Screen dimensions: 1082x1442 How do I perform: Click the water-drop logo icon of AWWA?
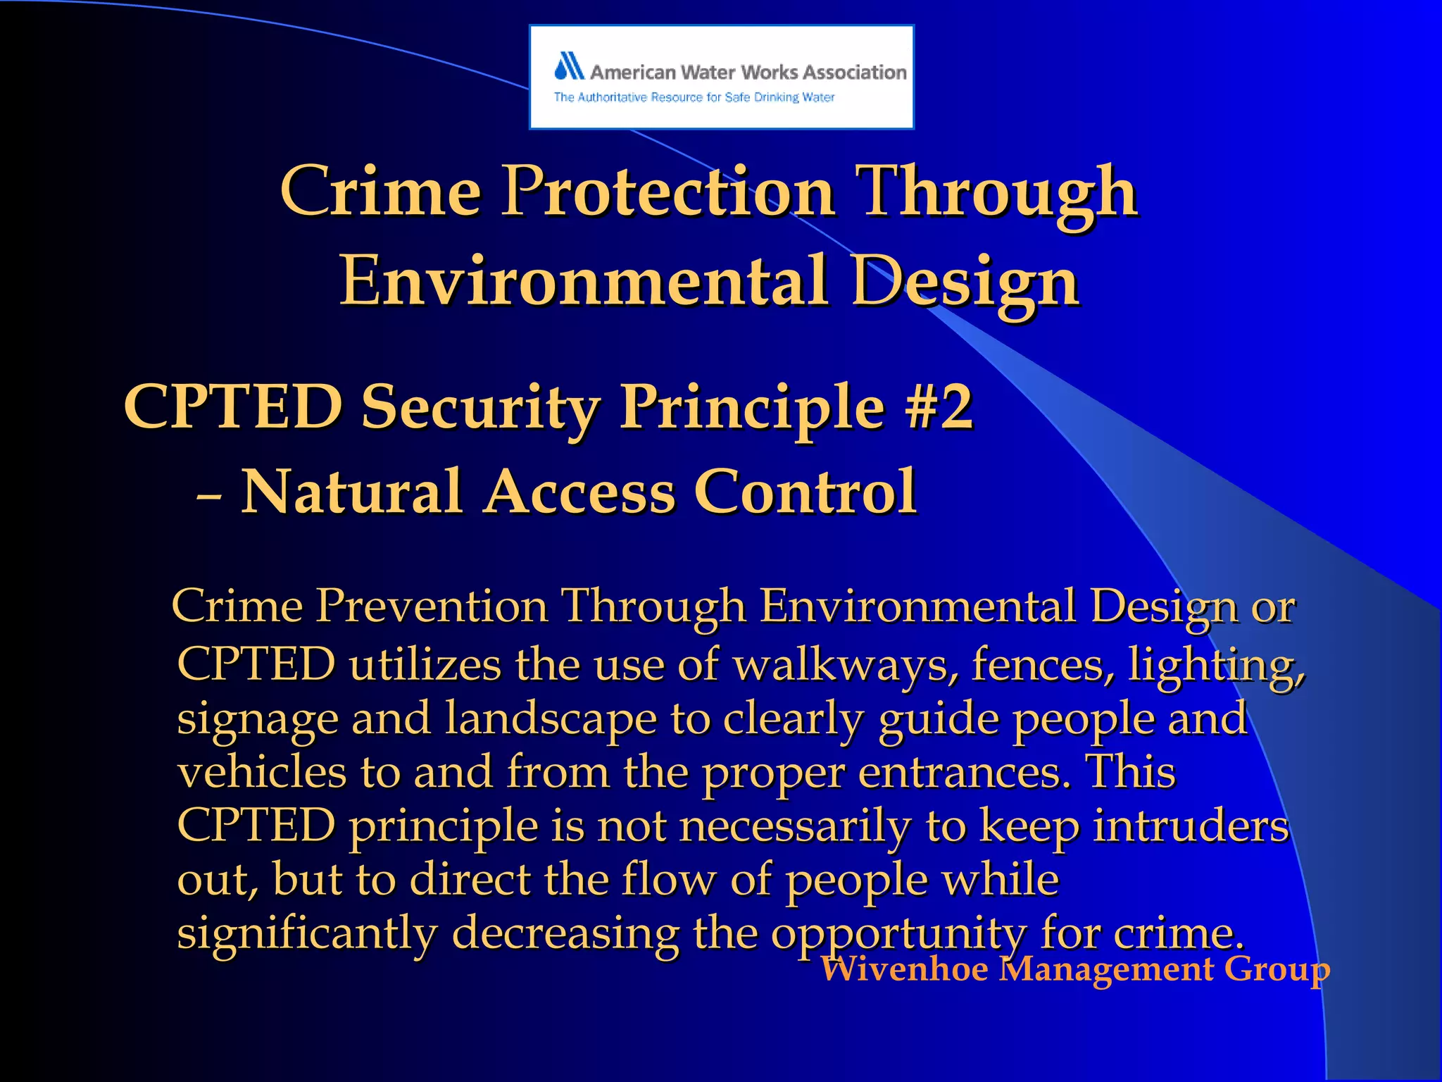point(570,66)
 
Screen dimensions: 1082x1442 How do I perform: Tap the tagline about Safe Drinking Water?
point(694,97)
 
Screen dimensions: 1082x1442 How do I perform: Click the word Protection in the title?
point(667,192)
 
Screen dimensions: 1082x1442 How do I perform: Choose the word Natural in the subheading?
point(352,492)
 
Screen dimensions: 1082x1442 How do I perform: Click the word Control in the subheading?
point(805,492)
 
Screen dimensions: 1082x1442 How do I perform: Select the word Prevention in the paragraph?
point(431,606)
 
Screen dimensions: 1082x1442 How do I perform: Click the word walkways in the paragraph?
point(841,664)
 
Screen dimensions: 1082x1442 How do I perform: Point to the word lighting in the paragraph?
point(1217,664)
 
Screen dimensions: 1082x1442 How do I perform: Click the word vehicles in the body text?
point(262,772)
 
